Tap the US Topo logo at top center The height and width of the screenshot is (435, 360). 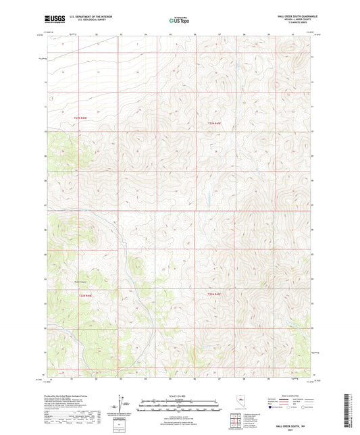click(x=178, y=20)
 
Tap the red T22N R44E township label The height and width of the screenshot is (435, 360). click(x=80, y=119)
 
